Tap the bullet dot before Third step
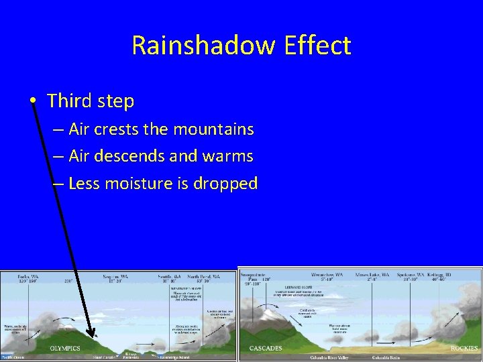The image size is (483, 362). pos(32,101)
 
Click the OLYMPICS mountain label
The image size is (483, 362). pos(65,348)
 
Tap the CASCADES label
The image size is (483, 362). pos(266,348)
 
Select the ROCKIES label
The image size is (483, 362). pos(464,348)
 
